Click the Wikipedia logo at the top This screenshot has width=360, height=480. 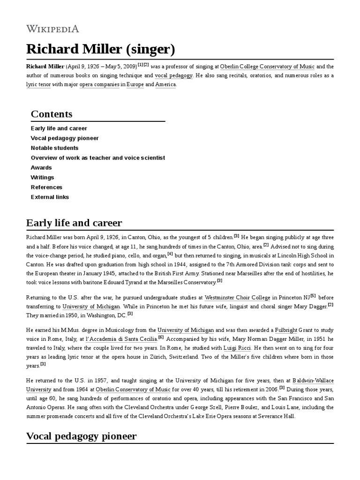click(52, 29)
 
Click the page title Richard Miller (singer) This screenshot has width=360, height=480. click(101, 49)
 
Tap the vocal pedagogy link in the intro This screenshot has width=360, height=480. click(173, 75)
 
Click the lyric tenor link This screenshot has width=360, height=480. click(38, 84)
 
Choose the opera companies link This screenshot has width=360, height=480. click(99, 84)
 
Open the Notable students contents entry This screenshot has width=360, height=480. click(54, 148)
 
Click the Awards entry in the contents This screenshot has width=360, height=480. click(41, 168)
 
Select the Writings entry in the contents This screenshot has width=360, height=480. click(42, 178)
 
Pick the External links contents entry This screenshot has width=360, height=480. click(50, 197)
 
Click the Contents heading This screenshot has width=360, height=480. click(52, 114)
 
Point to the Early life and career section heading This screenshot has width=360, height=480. click(74, 222)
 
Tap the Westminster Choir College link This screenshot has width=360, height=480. click(238, 297)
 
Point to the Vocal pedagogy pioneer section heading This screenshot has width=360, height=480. click(82, 436)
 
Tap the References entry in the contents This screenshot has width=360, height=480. click(46, 187)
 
